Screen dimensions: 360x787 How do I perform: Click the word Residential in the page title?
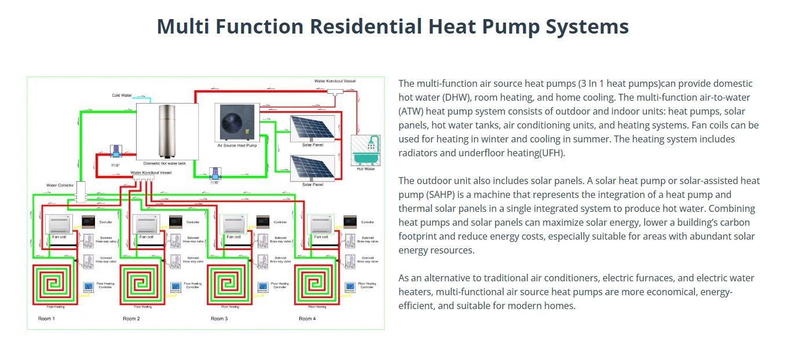[371, 27]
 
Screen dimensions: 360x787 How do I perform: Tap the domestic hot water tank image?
[167, 130]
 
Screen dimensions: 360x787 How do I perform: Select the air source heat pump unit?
[236, 122]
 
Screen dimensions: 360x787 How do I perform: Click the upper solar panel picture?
[311, 128]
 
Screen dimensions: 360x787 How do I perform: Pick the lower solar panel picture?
[312, 167]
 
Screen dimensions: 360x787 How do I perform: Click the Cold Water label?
[122, 95]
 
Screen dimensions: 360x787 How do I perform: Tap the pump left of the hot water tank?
[115, 152]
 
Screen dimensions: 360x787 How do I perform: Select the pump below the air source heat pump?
[214, 172]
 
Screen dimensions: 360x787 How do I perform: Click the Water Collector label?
[60, 185]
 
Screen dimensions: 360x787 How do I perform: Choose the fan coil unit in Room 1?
[58, 224]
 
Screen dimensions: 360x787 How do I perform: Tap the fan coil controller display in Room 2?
[176, 222]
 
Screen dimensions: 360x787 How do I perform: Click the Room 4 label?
[307, 319]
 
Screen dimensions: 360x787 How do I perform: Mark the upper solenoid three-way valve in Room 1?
[89, 241]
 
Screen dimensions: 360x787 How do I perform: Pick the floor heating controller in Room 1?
[89, 286]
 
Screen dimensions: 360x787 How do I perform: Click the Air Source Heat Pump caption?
[236, 146]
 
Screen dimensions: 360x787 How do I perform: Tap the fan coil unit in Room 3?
[234, 224]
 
